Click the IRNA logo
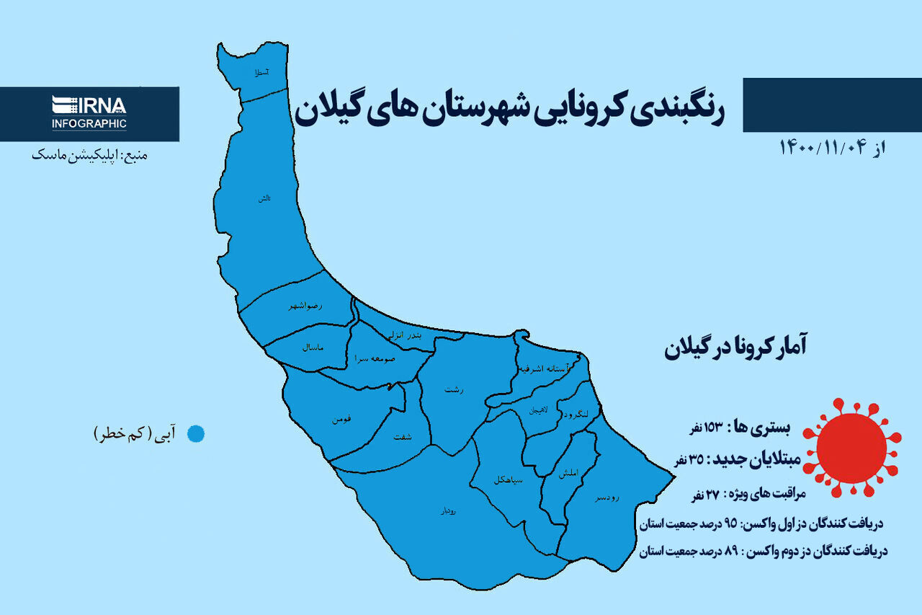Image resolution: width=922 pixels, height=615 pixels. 89,105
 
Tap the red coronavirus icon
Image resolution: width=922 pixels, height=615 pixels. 852,447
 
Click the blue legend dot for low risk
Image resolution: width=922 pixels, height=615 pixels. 195,434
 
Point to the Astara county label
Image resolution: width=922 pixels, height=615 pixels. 258,73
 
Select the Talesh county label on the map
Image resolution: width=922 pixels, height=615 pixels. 265,198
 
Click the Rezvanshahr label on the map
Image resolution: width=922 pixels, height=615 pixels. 305,306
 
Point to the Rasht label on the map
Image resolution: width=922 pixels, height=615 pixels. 454,389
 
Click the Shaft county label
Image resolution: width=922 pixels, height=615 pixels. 403,437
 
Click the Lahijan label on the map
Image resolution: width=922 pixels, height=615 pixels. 540,410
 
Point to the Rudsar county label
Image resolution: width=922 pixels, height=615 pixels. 607,498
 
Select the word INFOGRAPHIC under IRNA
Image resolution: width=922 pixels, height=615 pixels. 89,123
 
